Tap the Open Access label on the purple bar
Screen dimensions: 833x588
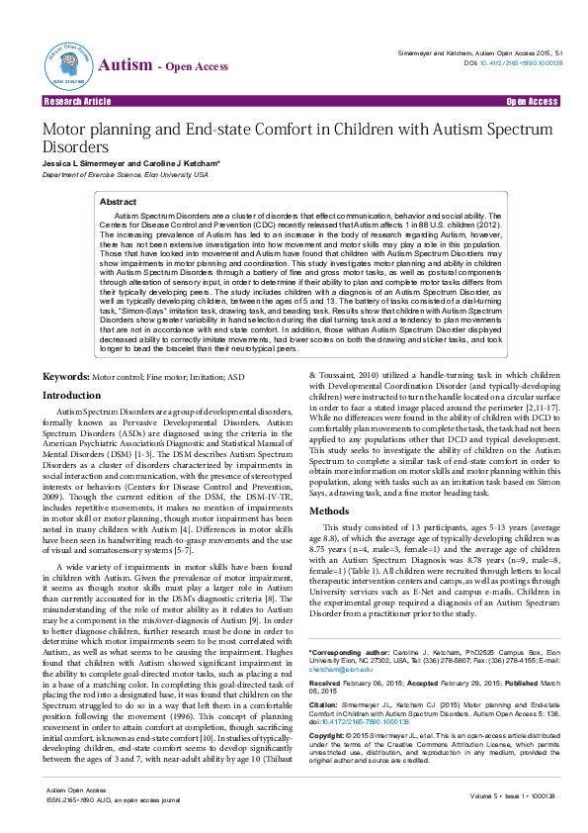click(532, 102)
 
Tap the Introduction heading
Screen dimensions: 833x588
click(71, 422)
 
